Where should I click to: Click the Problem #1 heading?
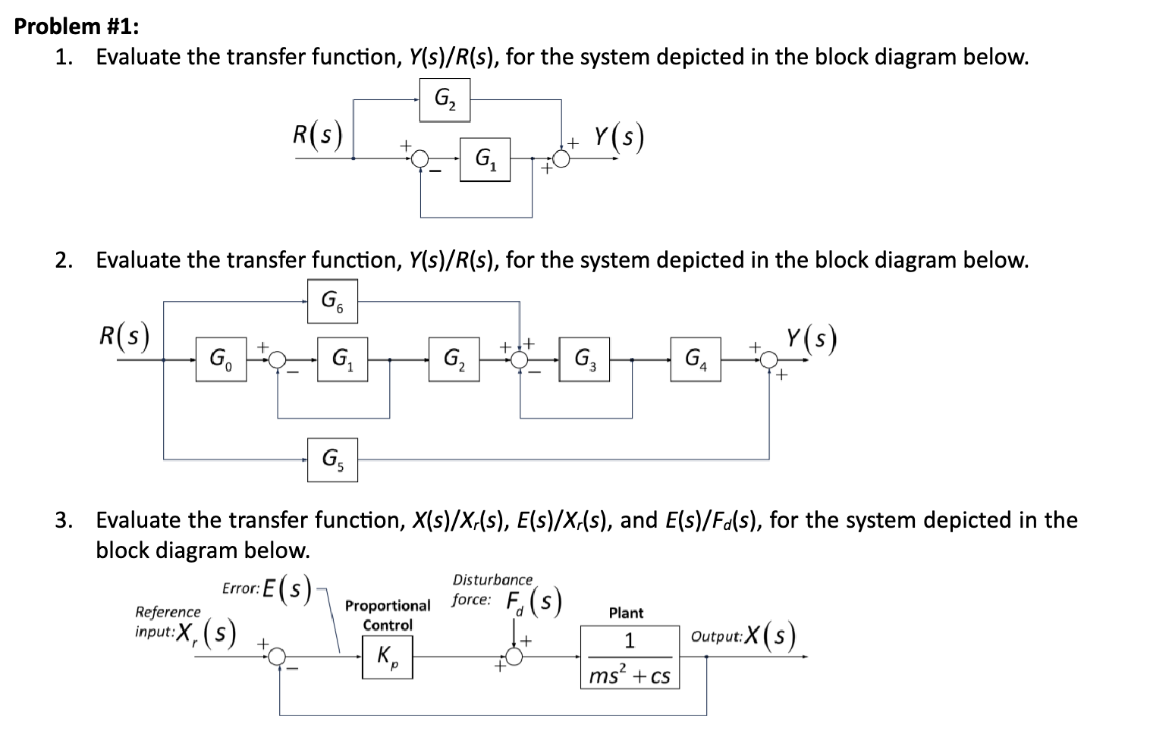click(x=77, y=27)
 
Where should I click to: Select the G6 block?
click(x=332, y=301)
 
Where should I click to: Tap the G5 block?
click(x=332, y=459)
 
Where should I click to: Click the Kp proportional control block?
click(x=388, y=657)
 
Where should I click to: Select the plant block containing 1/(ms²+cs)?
click(x=630, y=657)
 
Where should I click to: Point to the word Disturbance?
click(x=492, y=580)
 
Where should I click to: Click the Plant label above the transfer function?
click(x=626, y=613)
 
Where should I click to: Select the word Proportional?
click(x=388, y=606)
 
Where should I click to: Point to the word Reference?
click(x=168, y=612)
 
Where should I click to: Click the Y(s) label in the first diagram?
click(x=618, y=137)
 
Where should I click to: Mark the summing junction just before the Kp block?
click(x=278, y=657)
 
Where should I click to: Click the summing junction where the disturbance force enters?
click(x=515, y=657)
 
